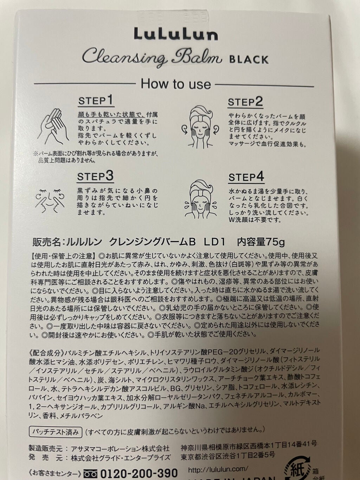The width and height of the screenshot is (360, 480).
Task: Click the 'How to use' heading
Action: point(176,84)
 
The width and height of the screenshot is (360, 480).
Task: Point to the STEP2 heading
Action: point(245,102)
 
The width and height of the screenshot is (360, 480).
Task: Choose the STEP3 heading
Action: point(96,177)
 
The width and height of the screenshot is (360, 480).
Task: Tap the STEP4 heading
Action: point(246,177)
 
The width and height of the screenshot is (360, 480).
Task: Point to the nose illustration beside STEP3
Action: point(50,199)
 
